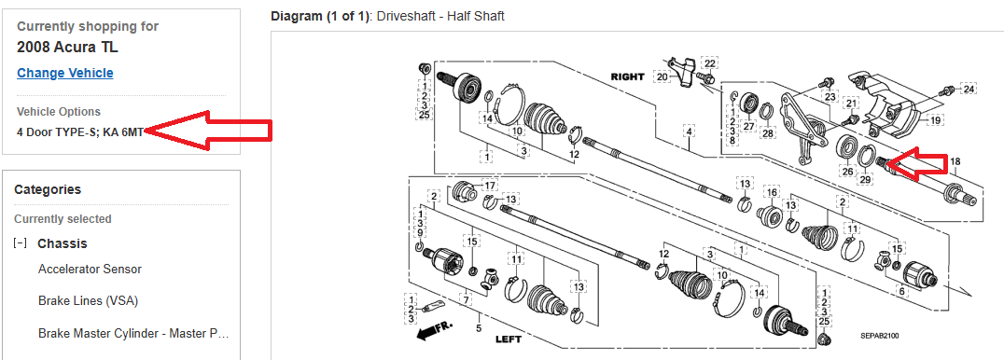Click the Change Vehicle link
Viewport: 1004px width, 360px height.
(65, 73)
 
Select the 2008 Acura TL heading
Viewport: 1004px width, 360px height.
(68, 48)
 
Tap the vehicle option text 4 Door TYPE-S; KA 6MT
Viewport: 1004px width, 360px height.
(80, 132)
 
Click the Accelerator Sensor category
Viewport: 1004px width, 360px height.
(90, 269)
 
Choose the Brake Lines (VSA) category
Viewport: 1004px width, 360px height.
(89, 300)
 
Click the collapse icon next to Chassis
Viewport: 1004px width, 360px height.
(21, 243)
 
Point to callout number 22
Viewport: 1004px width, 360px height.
(709, 63)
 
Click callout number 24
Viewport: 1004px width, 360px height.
(969, 89)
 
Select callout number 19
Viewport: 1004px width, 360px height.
(936, 119)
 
